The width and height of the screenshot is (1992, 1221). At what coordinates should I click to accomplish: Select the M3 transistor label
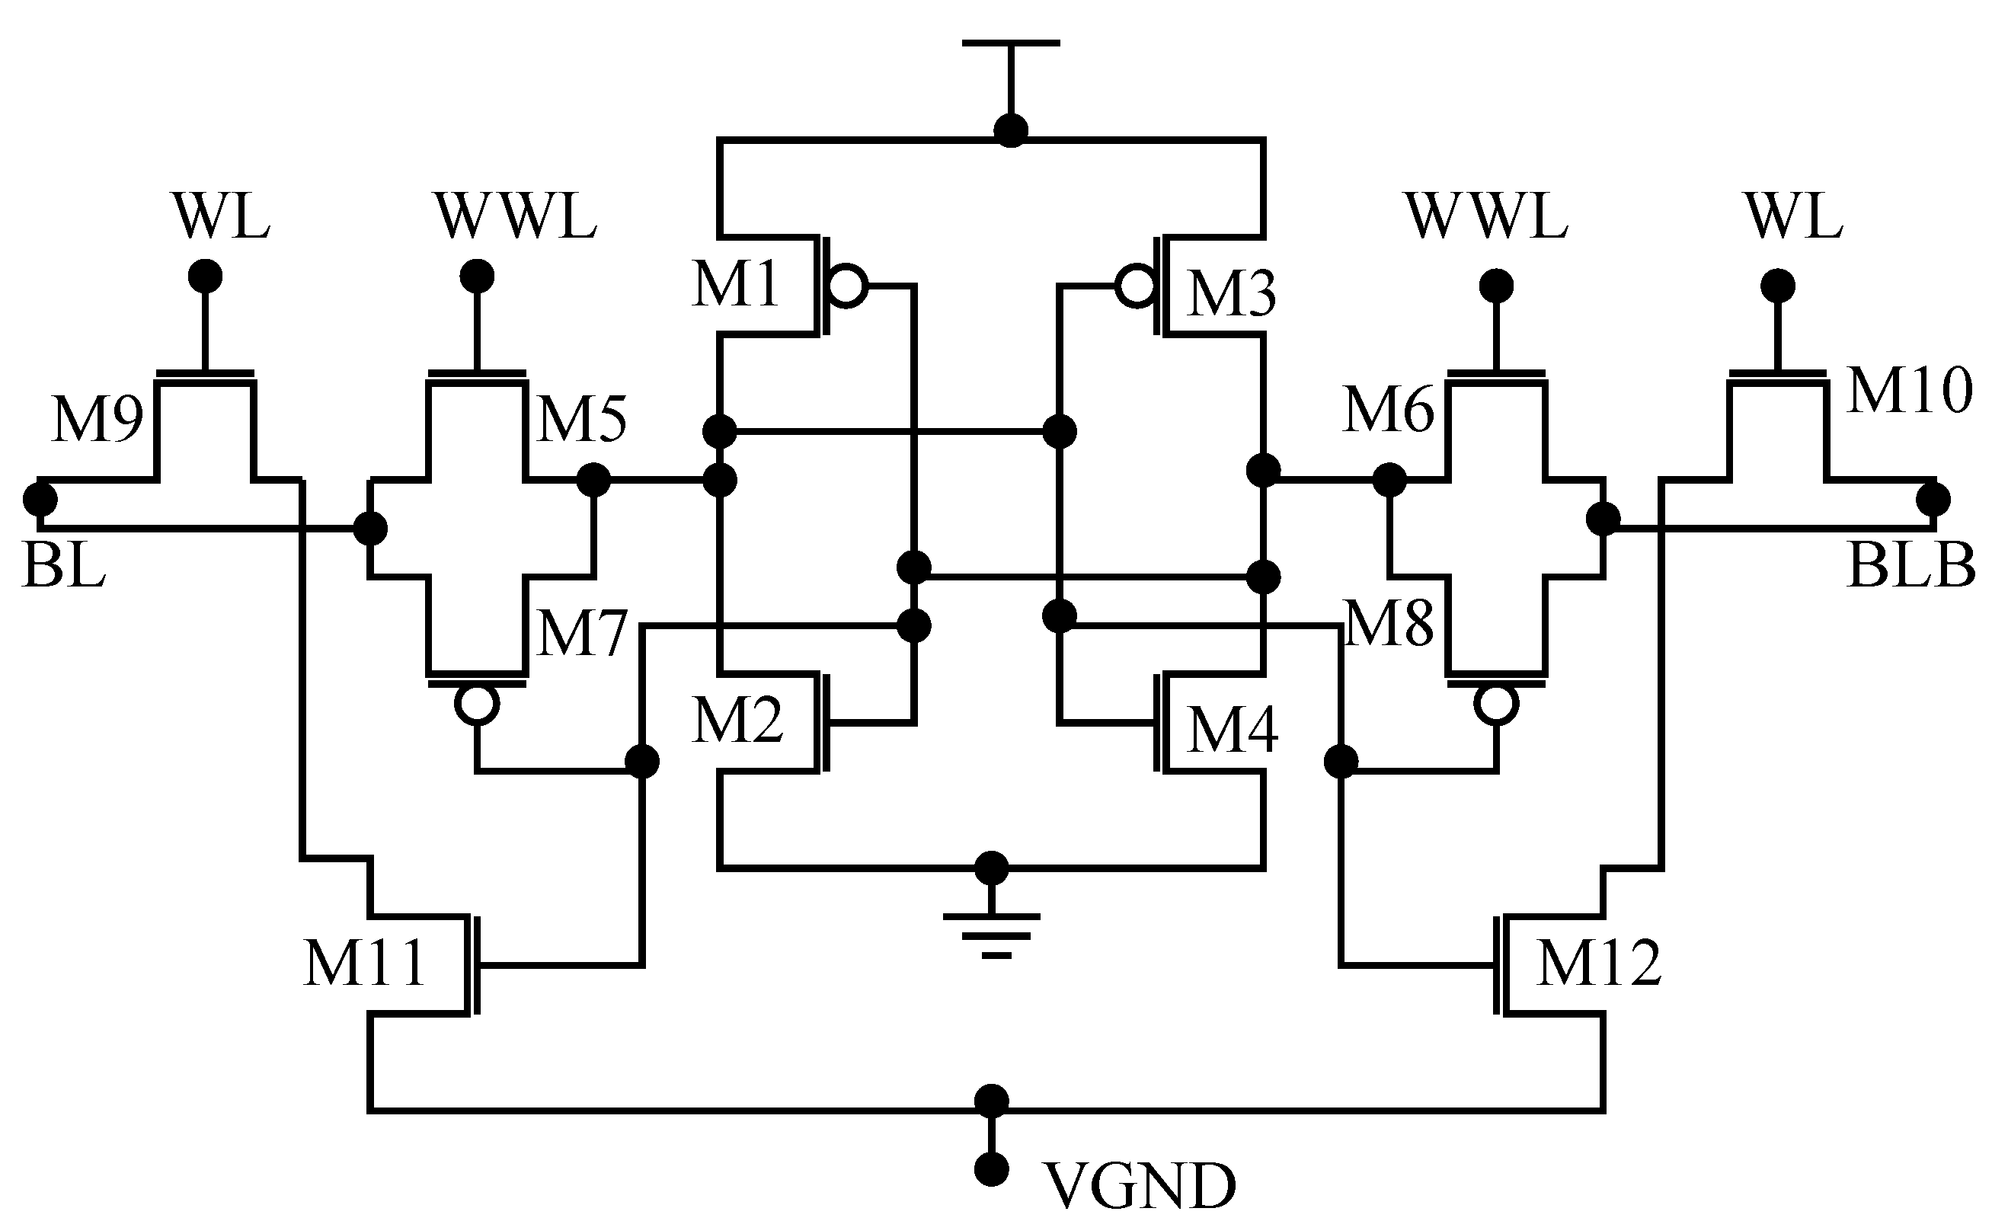pyautogui.click(x=1231, y=294)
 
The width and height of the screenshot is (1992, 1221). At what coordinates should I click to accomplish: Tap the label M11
pyautogui.click(x=365, y=963)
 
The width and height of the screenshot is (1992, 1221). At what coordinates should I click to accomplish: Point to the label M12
pyautogui.click(x=1597, y=963)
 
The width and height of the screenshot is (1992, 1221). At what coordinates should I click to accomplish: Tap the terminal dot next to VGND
pyautogui.click(x=991, y=1168)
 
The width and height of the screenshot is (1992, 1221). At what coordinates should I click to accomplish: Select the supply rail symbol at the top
pyautogui.click(x=1011, y=43)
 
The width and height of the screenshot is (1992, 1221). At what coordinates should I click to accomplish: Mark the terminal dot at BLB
pyautogui.click(x=1933, y=499)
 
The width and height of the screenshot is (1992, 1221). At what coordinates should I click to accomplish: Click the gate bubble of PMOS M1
pyautogui.click(x=846, y=286)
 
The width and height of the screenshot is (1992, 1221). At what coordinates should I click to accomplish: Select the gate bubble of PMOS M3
pyautogui.click(x=1136, y=286)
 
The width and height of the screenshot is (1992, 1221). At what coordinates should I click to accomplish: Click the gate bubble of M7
pyautogui.click(x=477, y=705)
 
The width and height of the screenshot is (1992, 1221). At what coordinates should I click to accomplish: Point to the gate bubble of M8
pyautogui.click(x=1495, y=705)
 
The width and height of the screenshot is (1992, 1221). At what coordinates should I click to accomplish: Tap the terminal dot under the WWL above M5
pyautogui.click(x=477, y=276)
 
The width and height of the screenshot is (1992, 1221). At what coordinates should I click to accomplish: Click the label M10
pyautogui.click(x=1909, y=391)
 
